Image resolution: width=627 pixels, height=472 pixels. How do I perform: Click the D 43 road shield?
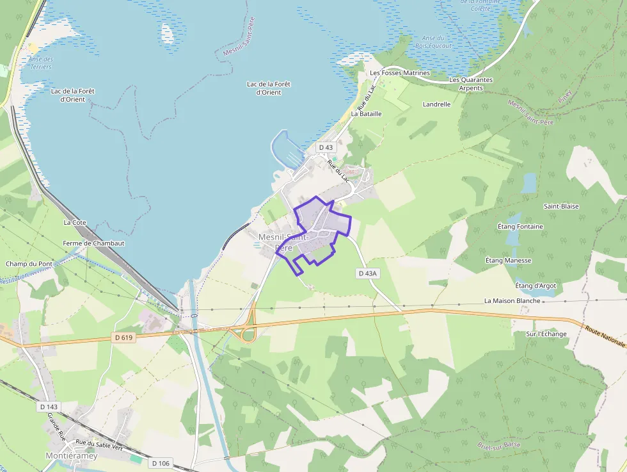(326, 147)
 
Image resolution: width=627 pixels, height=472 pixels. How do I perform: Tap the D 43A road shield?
(368, 273)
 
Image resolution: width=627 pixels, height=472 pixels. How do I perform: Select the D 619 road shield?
(124, 338)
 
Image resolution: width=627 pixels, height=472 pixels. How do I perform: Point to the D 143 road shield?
(49, 407)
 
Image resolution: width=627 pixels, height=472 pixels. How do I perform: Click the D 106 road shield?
(161, 462)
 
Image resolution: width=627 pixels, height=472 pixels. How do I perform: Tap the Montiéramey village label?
(72, 456)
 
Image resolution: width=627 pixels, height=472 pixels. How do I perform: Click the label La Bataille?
(366, 113)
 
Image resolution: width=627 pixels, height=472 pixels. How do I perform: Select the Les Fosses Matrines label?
(400, 73)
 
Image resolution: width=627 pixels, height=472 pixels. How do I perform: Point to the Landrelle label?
(436, 104)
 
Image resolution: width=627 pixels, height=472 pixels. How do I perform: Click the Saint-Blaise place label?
(561, 206)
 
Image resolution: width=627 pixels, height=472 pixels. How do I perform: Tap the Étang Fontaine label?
(520, 227)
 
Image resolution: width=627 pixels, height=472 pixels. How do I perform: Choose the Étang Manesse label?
(509, 261)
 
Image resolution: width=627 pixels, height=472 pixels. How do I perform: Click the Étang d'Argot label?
(536, 285)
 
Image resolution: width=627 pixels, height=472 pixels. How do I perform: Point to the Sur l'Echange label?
(546, 334)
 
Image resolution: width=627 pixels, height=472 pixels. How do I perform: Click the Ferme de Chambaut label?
(93, 243)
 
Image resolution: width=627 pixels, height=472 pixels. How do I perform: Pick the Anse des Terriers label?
(40, 63)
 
